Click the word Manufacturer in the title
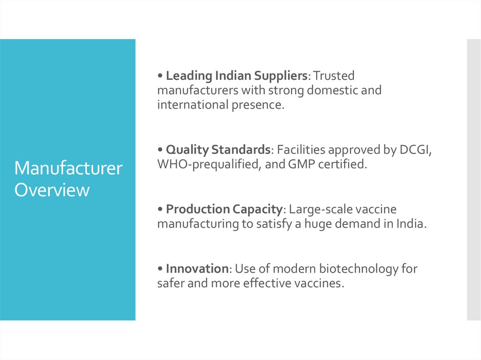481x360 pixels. click(x=68, y=169)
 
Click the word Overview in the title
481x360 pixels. click(x=52, y=190)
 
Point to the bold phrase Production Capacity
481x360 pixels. click(x=223, y=209)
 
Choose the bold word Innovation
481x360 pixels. click(x=197, y=269)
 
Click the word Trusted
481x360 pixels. click(x=334, y=76)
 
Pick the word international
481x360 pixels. click(x=193, y=105)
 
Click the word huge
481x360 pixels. click(x=318, y=224)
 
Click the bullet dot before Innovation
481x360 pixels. click(x=160, y=269)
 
